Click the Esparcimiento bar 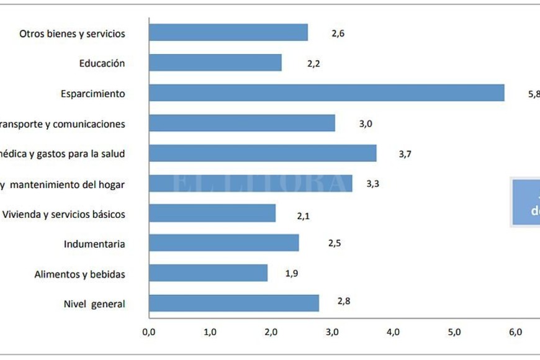[326, 93]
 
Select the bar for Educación [215, 63]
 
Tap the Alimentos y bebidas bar [209, 272]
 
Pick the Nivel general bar [234, 303]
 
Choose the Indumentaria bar [224, 243]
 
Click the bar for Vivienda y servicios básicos [212, 214]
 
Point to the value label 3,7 [405, 154]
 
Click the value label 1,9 [292, 272]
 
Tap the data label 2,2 [313, 63]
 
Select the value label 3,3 [373, 184]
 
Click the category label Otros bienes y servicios [72, 34]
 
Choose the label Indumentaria [94, 244]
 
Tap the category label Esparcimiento [93, 94]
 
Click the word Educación [102, 63]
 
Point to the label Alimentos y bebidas [80, 274]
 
